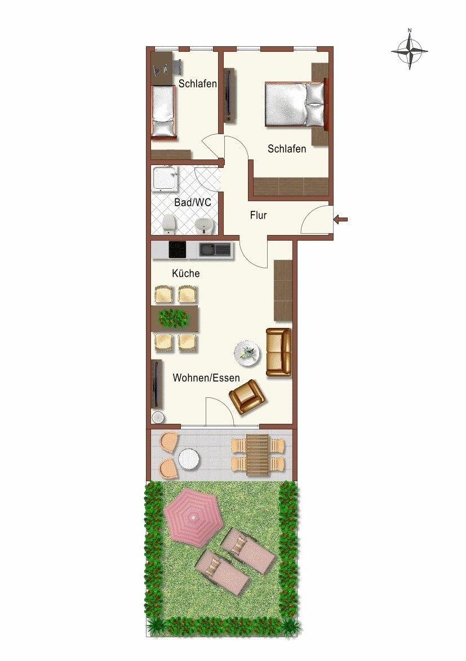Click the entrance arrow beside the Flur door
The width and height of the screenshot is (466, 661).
pyautogui.click(x=341, y=219)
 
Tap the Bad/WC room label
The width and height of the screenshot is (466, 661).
pyautogui.click(x=193, y=202)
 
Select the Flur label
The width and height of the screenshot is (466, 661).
pyautogui.click(x=259, y=215)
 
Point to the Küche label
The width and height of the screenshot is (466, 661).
pyautogui.click(x=185, y=273)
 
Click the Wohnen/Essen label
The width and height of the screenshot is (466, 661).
pyautogui.click(x=206, y=378)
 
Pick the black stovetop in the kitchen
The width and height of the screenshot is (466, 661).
pyautogui.click(x=177, y=250)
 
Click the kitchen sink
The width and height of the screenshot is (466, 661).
pyautogui.click(x=215, y=250)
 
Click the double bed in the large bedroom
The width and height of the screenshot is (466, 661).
pyautogui.click(x=296, y=104)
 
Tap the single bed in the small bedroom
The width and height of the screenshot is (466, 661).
pyautogui.click(x=163, y=111)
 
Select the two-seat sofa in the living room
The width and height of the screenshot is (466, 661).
pyautogui.click(x=279, y=353)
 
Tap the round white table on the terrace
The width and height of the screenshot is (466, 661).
pyautogui.click(x=189, y=459)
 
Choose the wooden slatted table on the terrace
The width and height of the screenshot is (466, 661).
pyautogui.click(x=258, y=455)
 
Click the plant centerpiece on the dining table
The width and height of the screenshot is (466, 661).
pyautogui.click(x=172, y=318)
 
